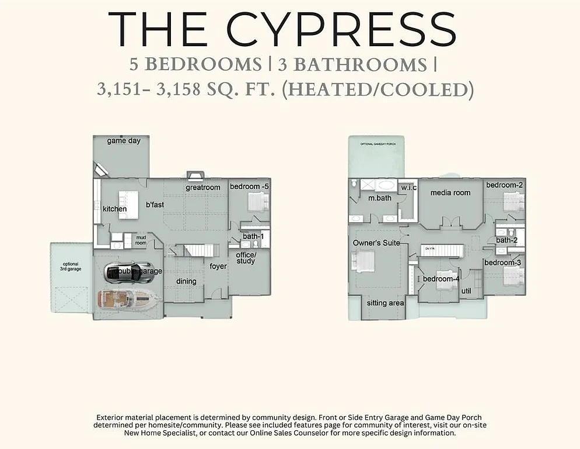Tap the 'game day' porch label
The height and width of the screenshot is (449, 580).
[124, 141]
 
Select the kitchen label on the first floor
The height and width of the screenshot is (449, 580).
[115, 209]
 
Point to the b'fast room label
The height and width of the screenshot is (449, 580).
[155, 205]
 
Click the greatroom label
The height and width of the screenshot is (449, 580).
[203, 188]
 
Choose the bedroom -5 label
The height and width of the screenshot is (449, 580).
[249, 186]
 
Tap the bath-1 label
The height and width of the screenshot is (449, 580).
[253, 236]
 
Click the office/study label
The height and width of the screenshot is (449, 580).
[246, 258]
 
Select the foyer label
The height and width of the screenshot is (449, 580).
[218, 267]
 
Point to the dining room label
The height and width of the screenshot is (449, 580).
[187, 281]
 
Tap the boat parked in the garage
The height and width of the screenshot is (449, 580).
[129, 299]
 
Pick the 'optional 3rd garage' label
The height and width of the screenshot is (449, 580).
[71, 266]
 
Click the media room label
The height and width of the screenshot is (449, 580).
[450, 192]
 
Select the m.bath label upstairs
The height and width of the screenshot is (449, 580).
[379, 198]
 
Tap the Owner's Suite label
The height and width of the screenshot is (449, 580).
[376, 243]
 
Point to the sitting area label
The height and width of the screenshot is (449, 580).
[385, 303]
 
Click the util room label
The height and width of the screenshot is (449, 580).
[466, 291]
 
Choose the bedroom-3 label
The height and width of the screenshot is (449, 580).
[502, 263]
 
